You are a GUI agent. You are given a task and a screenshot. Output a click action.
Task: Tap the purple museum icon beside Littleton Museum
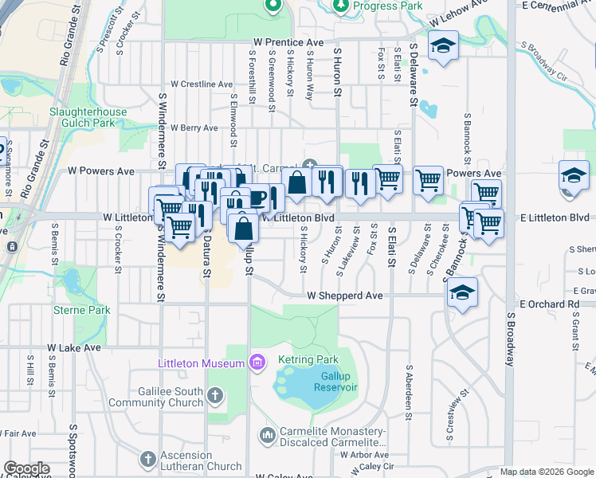click(x=257, y=363)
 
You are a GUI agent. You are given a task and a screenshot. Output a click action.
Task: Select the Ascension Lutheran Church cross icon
click(x=147, y=459)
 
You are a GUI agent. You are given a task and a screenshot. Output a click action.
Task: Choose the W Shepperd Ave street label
click(x=346, y=296)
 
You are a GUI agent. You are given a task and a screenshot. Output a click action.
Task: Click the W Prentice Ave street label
click(x=288, y=41)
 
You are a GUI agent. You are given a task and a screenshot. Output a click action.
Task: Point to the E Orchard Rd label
click(x=550, y=304)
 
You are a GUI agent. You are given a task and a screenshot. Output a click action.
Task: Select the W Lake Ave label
click(x=74, y=348)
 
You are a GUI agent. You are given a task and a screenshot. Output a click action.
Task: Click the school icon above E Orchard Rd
click(x=462, y=292)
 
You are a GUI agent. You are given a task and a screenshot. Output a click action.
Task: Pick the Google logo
click(x=26, y=468)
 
